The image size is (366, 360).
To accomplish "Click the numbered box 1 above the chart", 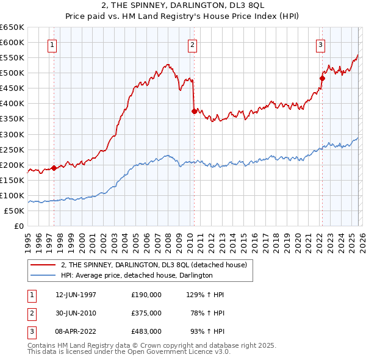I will coord(52,45).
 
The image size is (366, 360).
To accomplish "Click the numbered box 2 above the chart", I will coord(192,45).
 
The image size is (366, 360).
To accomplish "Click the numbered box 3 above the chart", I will coord(320,45).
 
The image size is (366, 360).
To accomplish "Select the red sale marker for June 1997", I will coord(54,168).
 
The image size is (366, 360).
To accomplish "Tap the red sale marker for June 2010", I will coord(194,111).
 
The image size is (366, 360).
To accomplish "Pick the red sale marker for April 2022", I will coord(322,77).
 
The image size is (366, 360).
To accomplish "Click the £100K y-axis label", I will coord(12,195).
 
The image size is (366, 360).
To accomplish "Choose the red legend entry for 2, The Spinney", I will coord(153,265).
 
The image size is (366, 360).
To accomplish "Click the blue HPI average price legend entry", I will coord(136,275).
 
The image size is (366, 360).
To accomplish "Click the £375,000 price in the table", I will coord(146,313).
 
